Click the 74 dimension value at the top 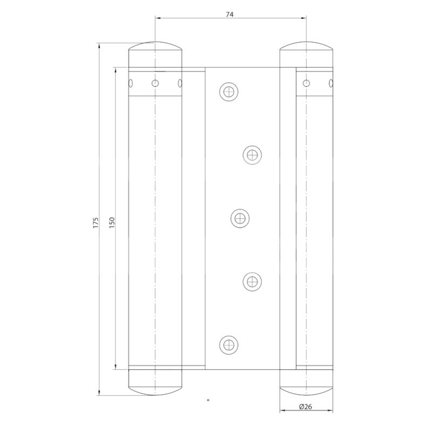[x=230, y=15]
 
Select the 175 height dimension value [x=96, y=222]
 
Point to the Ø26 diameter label [x=305, y=407]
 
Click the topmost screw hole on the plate [x=230, y=91]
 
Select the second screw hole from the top [x=252, y=155]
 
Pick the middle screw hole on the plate [x=240, y=218]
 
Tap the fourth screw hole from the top [x=252, y=280]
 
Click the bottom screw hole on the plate [x=230, y=344]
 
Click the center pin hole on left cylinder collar [x=156, y=83]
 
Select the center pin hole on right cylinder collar [x=306, y=83]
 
